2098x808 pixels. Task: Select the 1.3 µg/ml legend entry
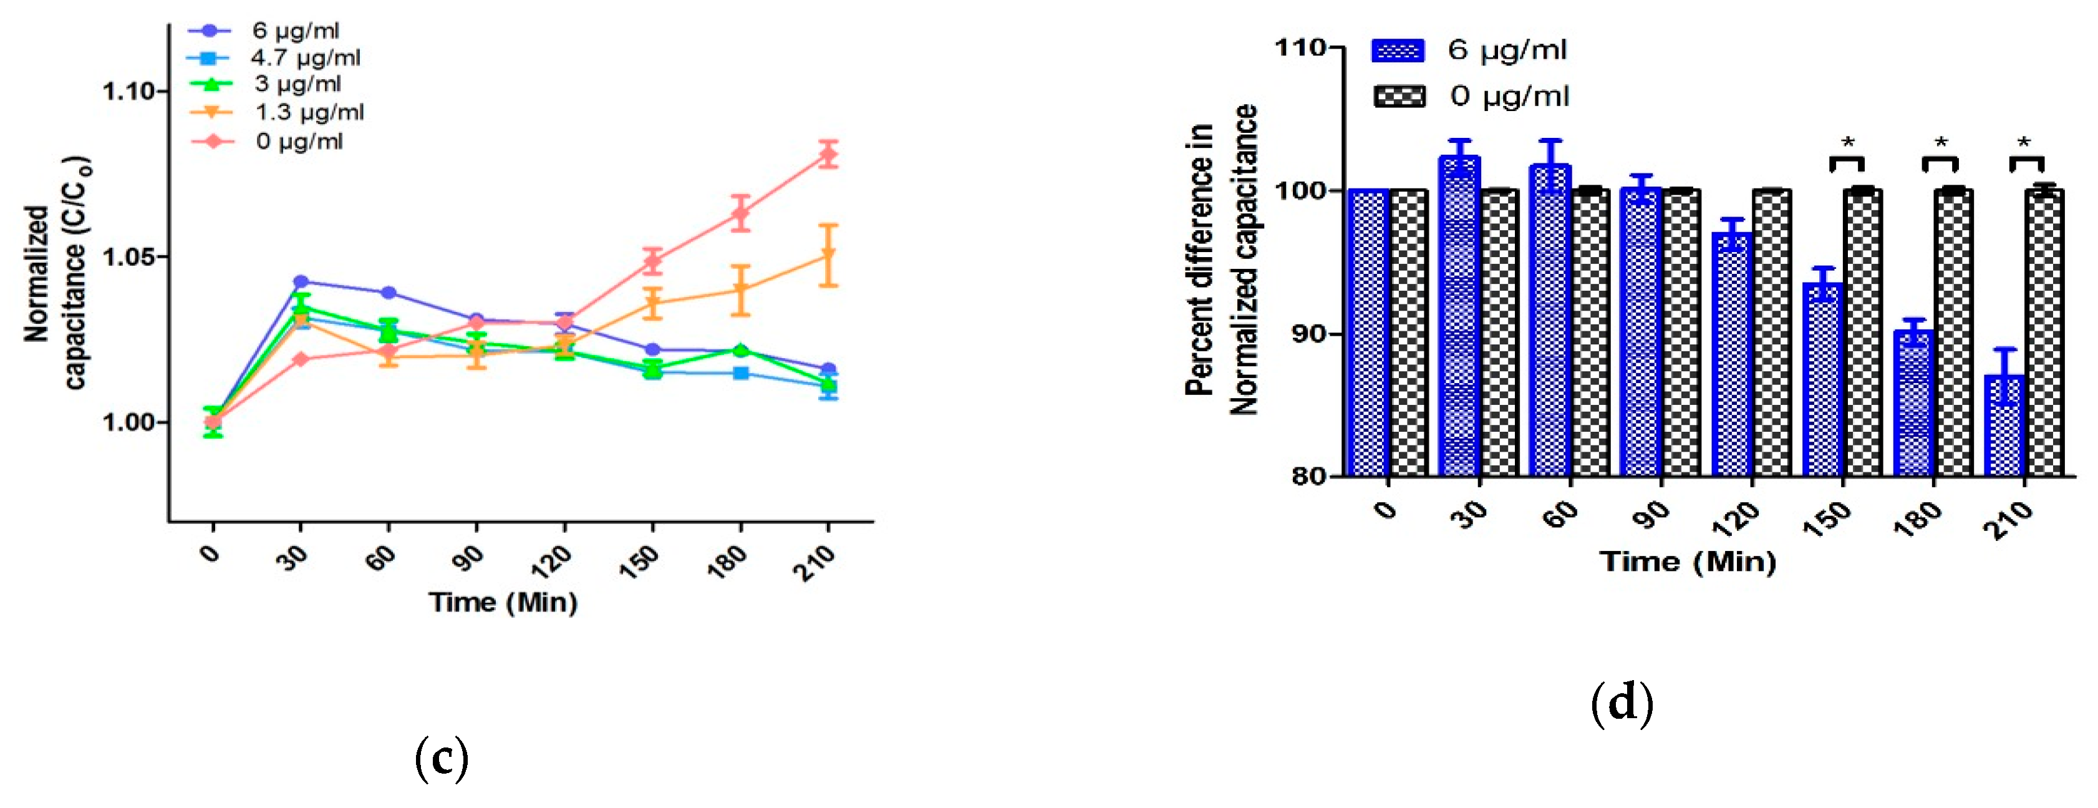click(309, 112)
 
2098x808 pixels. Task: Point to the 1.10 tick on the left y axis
click(128, 91)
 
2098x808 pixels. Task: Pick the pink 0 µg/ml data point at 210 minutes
click(828, 154)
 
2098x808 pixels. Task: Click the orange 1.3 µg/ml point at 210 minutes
click(828, 256)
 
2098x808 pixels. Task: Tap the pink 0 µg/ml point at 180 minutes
click(740, 214)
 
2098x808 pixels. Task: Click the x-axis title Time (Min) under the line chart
click(503, 603)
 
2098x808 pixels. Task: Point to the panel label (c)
click(442, 757)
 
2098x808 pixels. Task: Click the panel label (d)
click(1622, 702)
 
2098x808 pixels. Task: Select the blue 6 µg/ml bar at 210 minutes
click(2004, 425)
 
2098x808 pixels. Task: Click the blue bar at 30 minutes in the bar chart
click(1459, 318)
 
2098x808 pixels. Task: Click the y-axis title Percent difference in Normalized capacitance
click(1221, 261)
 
